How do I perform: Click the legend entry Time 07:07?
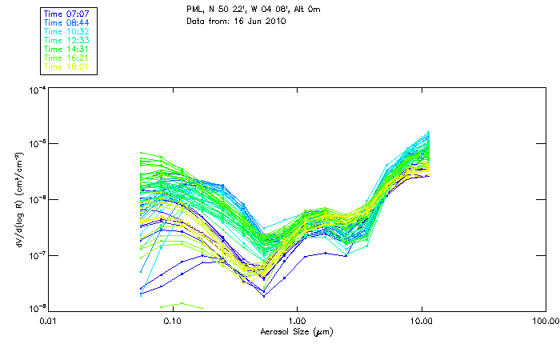(x=66, y=14)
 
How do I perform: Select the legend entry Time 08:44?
(x=66, y=23)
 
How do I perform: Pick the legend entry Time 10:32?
(x=66, y=32)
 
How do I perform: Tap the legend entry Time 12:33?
(x=66, y=41)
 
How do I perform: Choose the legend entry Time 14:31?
(x=66, y=50)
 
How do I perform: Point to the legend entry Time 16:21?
(x=66, y=58)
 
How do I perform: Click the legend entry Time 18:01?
(x=66, y=67)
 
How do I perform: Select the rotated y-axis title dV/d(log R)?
(x=19, y=198)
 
